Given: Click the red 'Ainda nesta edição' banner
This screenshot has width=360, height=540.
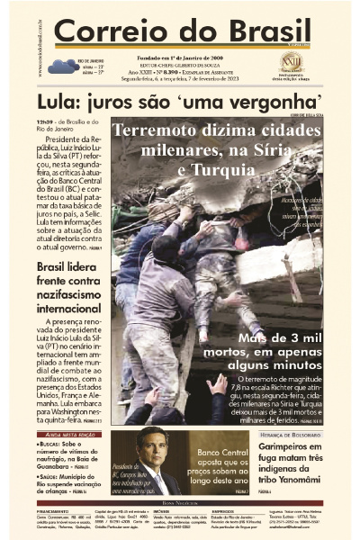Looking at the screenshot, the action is (x=68, y=435).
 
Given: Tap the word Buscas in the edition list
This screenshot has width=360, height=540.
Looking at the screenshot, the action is (x=52, y=445).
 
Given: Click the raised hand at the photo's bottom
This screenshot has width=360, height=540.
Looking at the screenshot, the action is (x=216, y=385).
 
